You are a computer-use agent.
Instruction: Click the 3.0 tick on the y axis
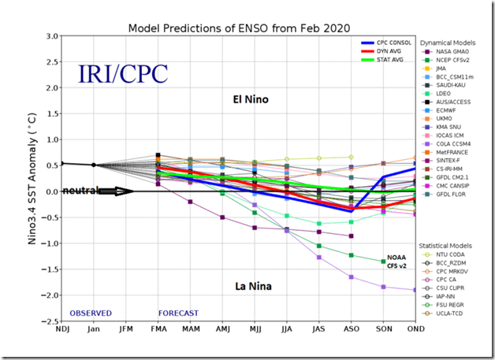pyautogui.click(x=50, y=36)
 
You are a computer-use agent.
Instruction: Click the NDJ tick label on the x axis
pyautogui.click(x=62, y=329)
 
